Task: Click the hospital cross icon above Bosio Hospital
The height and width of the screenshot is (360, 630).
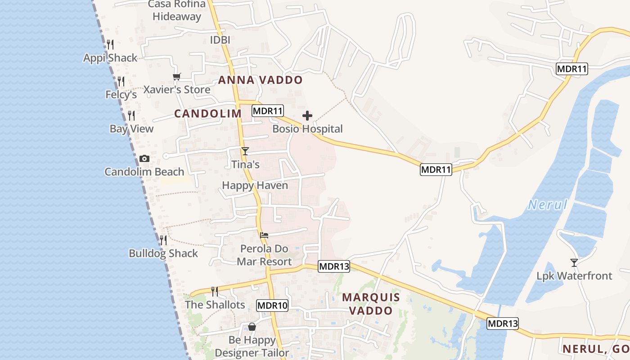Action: [307, 116]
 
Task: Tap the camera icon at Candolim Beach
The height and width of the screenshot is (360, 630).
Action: [144, 158]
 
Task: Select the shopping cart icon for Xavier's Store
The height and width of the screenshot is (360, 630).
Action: [176, 77]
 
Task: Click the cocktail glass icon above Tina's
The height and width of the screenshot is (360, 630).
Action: [245, 151]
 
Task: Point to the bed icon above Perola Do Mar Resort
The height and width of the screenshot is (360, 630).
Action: [264, 235]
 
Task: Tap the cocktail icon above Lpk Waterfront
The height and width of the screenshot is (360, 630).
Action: [574, 262]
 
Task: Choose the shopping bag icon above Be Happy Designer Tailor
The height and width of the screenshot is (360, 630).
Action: [252, 326]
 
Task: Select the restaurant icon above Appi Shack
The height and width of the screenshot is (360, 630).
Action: [110, 44]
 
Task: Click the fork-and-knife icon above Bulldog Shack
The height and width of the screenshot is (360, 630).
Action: [163, 240]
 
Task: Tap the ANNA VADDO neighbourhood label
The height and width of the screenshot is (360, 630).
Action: [261, 80]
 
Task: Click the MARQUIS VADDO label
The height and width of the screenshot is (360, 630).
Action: [371, 304]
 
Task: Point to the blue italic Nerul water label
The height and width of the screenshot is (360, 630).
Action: [547, 205]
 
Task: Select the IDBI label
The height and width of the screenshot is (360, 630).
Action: [220, 40]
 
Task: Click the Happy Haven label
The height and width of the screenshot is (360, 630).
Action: [255, 185]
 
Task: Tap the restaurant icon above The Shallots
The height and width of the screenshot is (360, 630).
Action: [215, 292]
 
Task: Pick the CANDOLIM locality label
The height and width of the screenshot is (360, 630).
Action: [208, 113]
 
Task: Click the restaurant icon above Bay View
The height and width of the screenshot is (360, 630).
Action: [131, 115]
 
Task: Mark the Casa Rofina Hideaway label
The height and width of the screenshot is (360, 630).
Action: [177, 10]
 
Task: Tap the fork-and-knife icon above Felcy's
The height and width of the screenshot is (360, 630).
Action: [121, 81]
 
